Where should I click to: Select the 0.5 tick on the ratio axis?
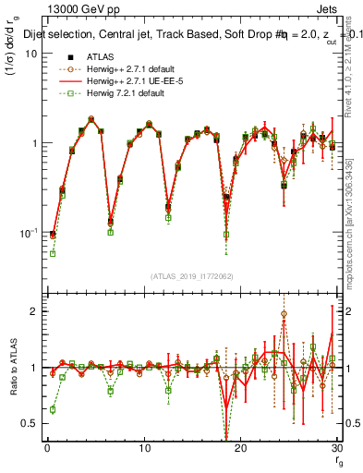[x=29, y=423]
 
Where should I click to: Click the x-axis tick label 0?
[x=47, y=449]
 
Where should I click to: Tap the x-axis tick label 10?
[x=144, y=449]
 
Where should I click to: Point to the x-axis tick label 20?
[x=240, y=449]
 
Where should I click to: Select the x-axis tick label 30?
[x=336, y=449]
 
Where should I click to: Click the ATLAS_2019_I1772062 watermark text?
[x=191, y=276]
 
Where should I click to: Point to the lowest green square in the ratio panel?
[x=53, y=409]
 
